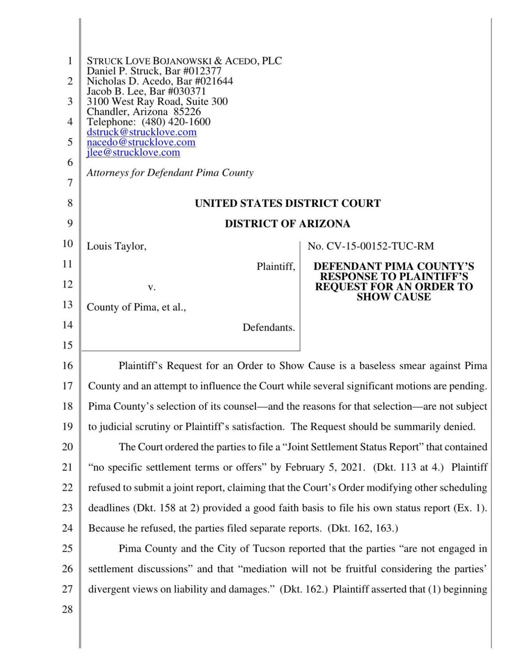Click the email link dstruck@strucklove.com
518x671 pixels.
[142, 132]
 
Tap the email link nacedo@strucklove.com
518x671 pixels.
[141, 142]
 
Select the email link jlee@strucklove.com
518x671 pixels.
[133, 152]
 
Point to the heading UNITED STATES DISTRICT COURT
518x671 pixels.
[287, 203]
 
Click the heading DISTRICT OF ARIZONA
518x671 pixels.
[287, 224]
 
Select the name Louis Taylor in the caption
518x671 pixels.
[117, 246]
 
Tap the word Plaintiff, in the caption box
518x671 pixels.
[275, 267]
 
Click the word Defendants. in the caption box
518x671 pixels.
[268, 328]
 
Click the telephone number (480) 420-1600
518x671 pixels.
[176, 122]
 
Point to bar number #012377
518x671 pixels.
[200, 71]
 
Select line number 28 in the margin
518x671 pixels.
[67, 610]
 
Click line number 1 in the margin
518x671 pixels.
[69, 61]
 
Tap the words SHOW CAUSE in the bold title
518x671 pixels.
[393, 297]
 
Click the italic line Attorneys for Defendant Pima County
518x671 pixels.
[170, 173]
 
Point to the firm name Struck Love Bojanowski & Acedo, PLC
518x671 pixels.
[184, 61]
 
